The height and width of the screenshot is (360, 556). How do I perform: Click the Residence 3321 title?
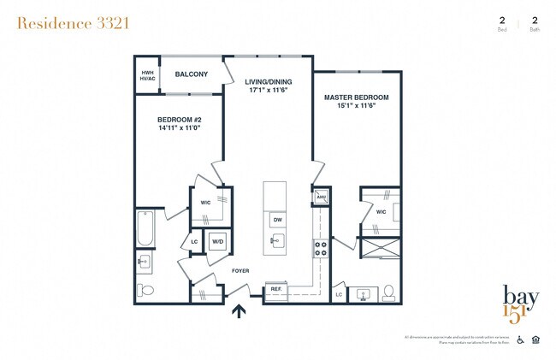click(x=73, y=23)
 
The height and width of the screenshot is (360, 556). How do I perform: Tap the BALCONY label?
click(x=192, y=74)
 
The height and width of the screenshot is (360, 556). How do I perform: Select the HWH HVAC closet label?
click(x=147, y=76)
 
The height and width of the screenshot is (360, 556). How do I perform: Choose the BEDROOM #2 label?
click(x=179, y=121)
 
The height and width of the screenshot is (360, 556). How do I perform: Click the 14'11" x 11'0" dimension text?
click(x=179, y=129)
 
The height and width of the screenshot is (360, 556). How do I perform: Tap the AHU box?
click(x=322, y=198)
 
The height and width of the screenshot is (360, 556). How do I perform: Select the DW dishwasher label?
click(x=276, y=220)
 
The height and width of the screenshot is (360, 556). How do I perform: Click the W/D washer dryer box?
click(x=217, y=240)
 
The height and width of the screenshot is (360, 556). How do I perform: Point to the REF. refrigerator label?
click(x=276, y=289)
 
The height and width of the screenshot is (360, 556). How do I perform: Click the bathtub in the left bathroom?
click(x=145, y=229)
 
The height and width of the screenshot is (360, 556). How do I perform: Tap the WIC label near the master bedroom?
click(x=381, y=211)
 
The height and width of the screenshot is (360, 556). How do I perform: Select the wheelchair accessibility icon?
click(x=520, y=339)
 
